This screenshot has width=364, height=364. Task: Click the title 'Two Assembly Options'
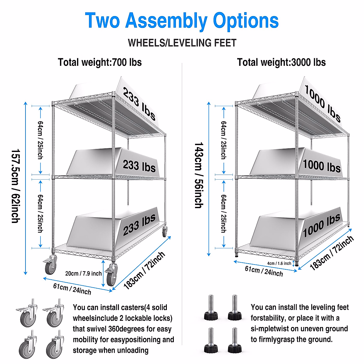coord(182,21)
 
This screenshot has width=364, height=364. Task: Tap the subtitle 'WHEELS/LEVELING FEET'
coord(182,43)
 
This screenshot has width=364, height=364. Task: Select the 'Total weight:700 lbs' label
coord(100,62)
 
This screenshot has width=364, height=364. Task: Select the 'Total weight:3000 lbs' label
coord(281,62)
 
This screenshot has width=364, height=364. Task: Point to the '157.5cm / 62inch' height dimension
coord(15,186)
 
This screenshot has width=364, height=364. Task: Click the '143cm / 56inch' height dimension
coord(199,175)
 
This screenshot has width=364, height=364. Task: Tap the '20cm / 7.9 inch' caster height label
coord(83,273)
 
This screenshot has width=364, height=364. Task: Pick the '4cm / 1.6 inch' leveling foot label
coord(279,263)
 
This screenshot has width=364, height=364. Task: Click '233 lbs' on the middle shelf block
coord(139,166)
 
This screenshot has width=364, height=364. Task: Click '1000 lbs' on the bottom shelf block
coord(322,225)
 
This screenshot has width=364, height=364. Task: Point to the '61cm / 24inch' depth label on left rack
coord(72,288)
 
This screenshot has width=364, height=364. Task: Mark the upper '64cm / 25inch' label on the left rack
coord(40,140)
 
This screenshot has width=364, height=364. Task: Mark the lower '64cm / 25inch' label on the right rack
coord(223,214)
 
